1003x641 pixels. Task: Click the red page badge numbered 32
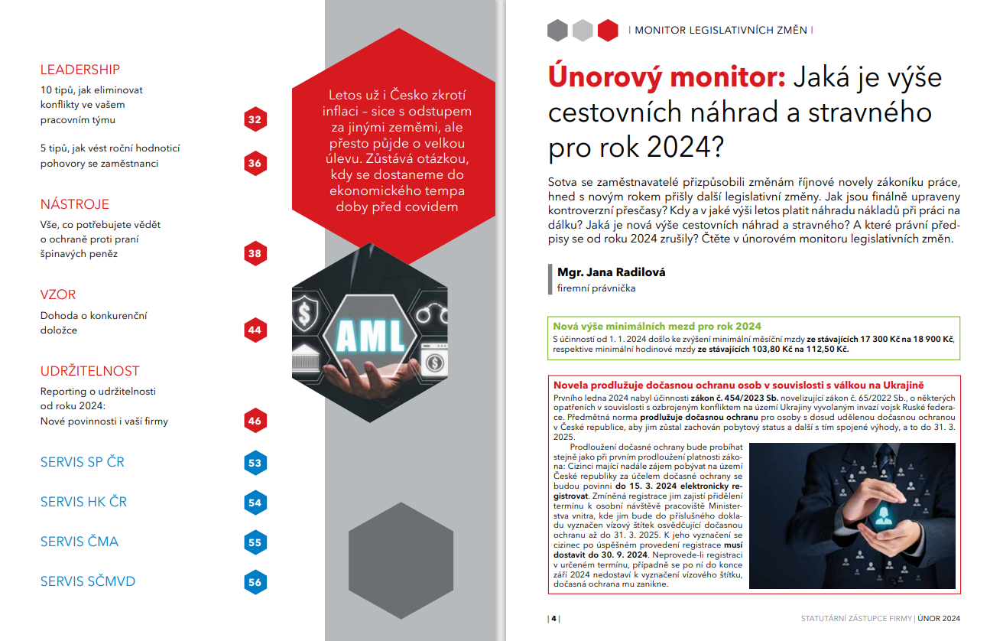[x=255, y=120]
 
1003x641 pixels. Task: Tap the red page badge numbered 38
[x=255, y=254]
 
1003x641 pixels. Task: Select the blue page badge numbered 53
[x=255, y=463]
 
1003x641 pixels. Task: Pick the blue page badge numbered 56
[x=255, y=582]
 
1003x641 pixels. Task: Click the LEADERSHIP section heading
[x=80, y=70]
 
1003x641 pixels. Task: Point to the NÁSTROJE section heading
[x=75, y=204]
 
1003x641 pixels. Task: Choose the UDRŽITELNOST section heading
[x=90, y=371]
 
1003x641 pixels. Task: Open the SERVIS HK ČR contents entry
[x=84, y=502]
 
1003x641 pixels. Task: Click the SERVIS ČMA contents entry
[x=80, y=542]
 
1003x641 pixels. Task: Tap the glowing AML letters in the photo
[x=360, y=334]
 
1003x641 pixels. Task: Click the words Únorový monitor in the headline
[x=664, y=77]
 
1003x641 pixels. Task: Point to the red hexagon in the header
[x=608, y=31]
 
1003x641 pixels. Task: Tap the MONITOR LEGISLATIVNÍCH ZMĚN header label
[x=721, y=31]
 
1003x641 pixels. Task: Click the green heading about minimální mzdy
[x=657, y=326]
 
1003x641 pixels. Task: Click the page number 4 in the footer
[x=553, y=618]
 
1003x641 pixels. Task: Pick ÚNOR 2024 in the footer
[x=939, y=618]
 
